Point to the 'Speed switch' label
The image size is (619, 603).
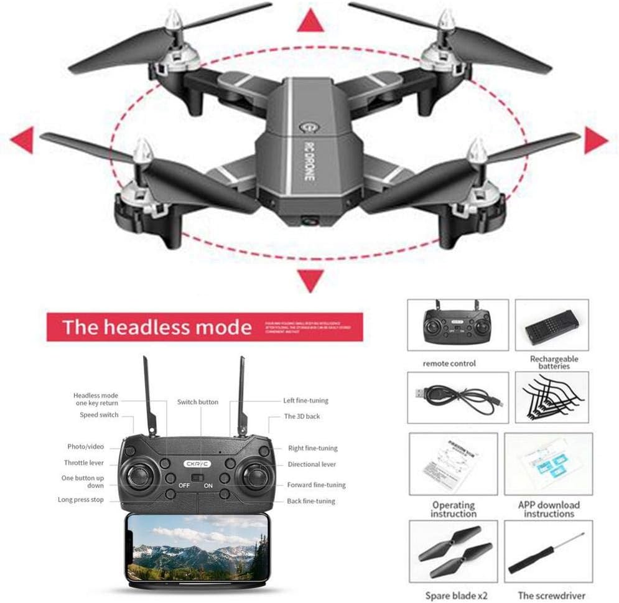98,415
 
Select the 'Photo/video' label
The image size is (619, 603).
86,447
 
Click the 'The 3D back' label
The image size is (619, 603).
302,416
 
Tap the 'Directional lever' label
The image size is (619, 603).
312,464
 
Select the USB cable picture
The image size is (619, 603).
457,397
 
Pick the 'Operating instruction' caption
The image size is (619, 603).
454,509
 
